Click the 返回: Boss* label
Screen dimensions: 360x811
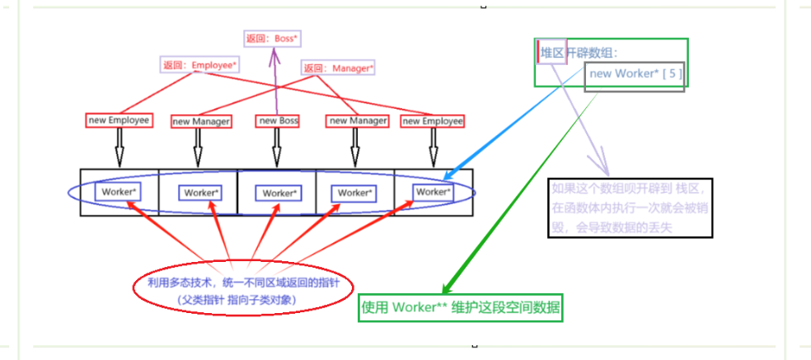[x=271, y=38]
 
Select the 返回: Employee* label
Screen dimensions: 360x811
[x=200, y=64]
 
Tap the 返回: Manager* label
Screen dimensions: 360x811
[x=338, y=68]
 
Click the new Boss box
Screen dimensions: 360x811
[x=279, y=120]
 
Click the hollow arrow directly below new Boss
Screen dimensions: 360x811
[x=276, y=148]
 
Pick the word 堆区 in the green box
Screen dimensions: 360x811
[x=552, y=54]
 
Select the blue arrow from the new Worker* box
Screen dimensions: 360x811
[x=519, y=124]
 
